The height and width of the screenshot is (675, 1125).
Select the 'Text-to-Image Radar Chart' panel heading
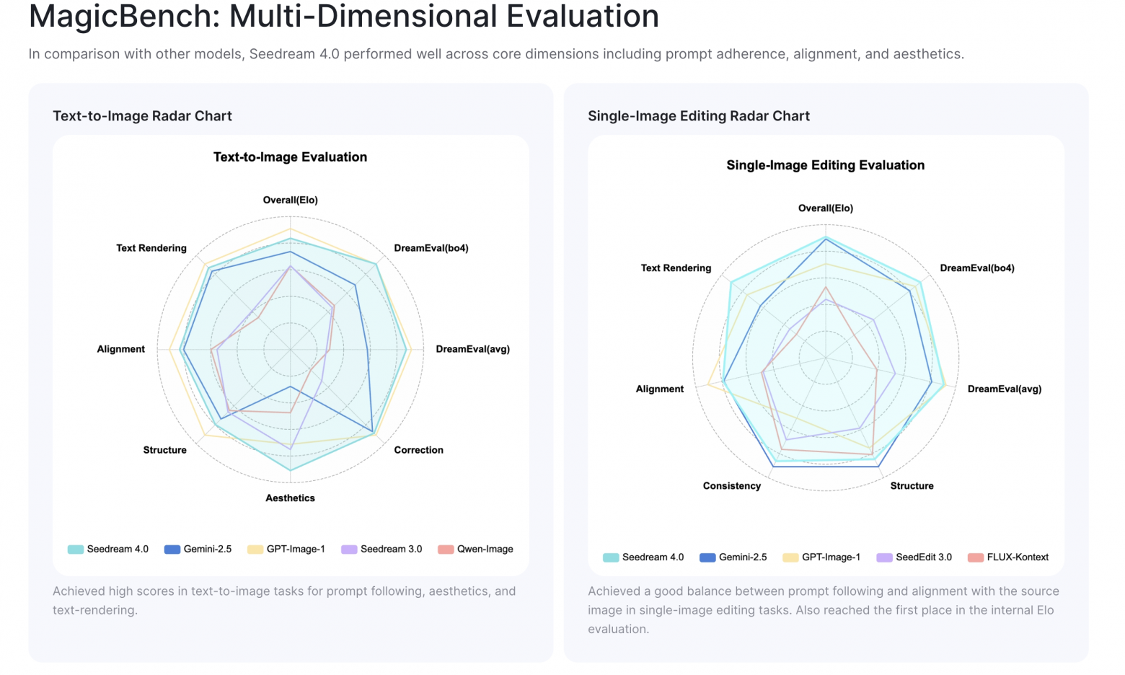[142, 116]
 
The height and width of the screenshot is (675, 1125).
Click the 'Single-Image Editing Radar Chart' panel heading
[698, 116]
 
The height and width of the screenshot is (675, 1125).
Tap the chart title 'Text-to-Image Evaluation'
[290, 157]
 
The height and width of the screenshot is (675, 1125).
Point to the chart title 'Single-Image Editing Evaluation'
[825, 165]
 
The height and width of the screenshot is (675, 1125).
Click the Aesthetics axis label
[290, 498]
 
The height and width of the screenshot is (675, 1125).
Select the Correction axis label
[418, 450]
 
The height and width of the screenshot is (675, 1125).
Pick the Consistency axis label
[731, 486]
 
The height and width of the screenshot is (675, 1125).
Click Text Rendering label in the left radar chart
[151, 248]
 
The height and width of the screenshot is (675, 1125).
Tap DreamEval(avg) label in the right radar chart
[1004, 389]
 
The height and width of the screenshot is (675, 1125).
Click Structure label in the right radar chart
[912, 486]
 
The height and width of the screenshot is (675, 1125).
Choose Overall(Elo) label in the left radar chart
[290, 200]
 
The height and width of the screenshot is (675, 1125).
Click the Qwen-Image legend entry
[485, 550]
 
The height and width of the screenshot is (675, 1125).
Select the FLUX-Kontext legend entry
[1017, 557]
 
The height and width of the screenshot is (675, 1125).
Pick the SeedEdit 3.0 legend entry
[923, 557]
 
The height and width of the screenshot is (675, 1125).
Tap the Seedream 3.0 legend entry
[391, 550]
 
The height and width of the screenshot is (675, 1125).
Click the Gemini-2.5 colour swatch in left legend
[172, 550]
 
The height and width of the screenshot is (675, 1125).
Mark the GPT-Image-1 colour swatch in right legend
[790, 557]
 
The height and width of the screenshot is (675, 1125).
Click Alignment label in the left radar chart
[120, 349]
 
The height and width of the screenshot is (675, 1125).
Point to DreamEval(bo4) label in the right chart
[976, 268]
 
